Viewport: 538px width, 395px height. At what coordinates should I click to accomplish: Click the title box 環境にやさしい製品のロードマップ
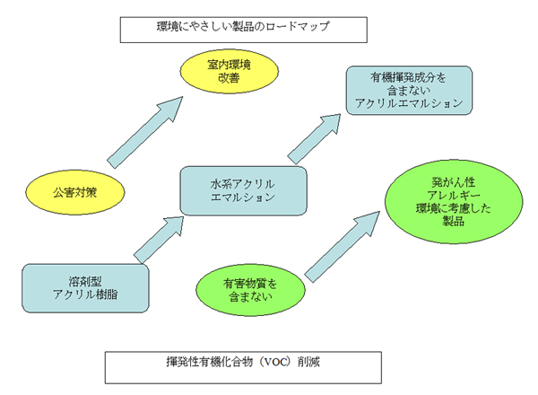click(244, 30)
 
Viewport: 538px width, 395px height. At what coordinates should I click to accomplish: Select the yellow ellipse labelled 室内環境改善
click(230, 72)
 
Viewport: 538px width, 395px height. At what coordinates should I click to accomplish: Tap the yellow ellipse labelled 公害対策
click(75, 192)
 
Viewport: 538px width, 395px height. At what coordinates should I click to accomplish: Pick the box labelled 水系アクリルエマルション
click(244, 191)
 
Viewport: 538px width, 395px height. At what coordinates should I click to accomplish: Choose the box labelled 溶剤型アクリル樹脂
click(85, 288)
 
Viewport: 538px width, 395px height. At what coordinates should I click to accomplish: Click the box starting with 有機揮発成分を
click(409, 91)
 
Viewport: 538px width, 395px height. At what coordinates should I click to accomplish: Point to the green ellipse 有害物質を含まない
click(250, 290)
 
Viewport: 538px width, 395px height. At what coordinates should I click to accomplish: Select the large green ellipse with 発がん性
click(454, 202)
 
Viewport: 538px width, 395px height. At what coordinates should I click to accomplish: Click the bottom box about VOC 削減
click(243, 367)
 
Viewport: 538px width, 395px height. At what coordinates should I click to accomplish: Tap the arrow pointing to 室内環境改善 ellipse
click(144, 132)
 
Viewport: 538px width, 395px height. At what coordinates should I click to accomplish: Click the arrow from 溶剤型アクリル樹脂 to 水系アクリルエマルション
click(159, 240)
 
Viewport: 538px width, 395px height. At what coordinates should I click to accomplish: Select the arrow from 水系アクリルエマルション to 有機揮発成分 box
click(314, 139)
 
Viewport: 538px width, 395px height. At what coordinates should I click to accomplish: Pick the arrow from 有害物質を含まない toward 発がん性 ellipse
click(343, 247)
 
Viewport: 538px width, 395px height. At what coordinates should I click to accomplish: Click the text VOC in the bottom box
click(275, 362)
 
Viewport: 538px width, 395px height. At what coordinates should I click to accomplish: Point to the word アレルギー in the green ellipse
click(454, 196)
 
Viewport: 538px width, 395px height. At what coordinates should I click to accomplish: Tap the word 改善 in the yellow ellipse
click(229, 78)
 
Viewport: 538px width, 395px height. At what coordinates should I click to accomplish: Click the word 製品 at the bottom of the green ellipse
click(453, 221)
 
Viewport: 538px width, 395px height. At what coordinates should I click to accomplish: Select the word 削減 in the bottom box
click(308, 362)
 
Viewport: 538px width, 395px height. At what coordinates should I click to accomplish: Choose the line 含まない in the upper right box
click(409, 91)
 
